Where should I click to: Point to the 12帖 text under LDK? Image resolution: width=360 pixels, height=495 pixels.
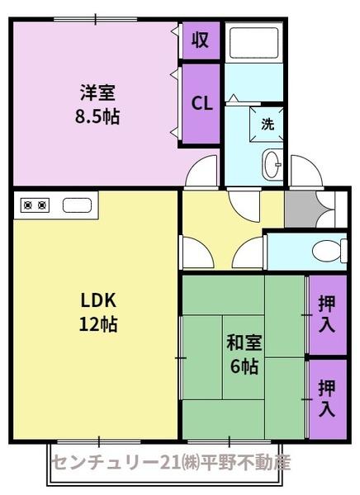point(98,324)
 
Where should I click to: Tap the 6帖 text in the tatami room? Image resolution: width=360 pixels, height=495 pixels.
point(244,366)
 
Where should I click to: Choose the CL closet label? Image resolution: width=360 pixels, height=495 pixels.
point(201,103)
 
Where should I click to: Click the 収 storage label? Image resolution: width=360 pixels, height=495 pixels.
point(201,39)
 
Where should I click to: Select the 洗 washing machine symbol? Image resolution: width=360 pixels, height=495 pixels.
point(268,125)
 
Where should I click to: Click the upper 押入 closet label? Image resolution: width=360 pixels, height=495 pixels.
point(327,313)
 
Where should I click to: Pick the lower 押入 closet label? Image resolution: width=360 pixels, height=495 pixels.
point(327,397)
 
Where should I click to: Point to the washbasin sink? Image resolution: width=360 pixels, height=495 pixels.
point(272,166)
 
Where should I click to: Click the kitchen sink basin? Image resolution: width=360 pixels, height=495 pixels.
point(79,205)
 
